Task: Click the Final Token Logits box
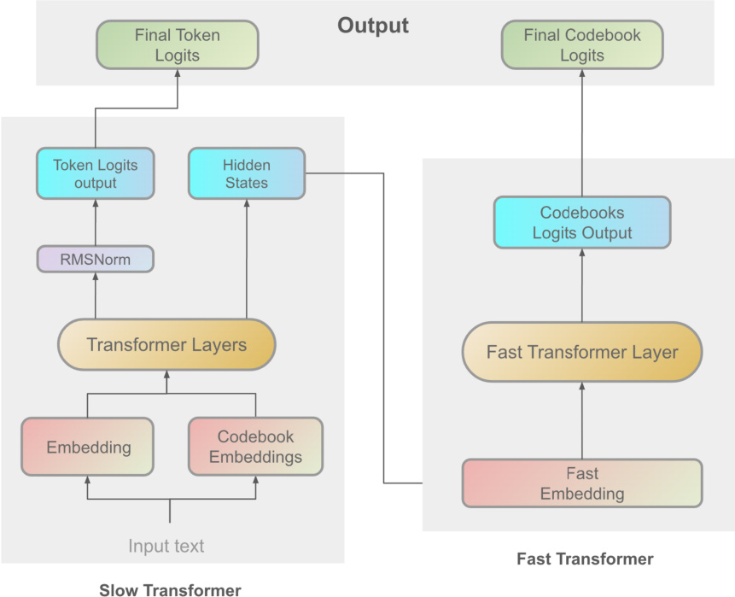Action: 178,45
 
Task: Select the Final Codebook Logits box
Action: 582,45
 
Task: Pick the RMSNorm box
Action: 96,260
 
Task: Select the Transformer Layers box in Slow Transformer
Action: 166,345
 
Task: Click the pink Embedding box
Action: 88,447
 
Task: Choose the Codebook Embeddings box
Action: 255,447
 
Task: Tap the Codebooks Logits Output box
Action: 582,223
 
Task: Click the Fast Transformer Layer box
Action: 582,352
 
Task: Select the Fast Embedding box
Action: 582,483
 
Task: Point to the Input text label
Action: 166,546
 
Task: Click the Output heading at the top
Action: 373,26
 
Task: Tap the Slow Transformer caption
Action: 171,588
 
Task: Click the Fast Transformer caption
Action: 586,559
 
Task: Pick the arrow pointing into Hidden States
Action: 246,256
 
